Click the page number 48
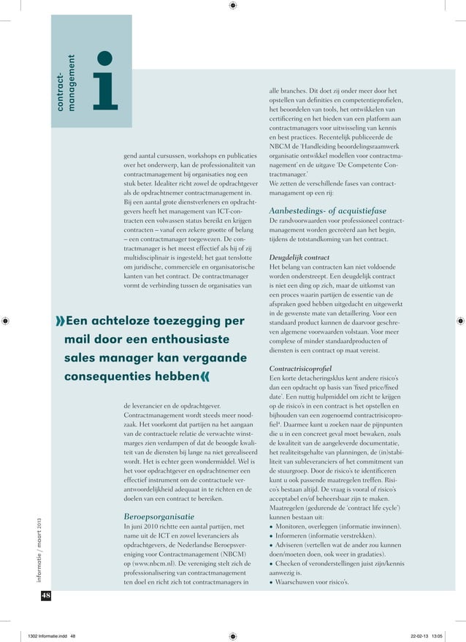[x=45, y=597]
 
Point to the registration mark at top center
[x=232, y=6]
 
